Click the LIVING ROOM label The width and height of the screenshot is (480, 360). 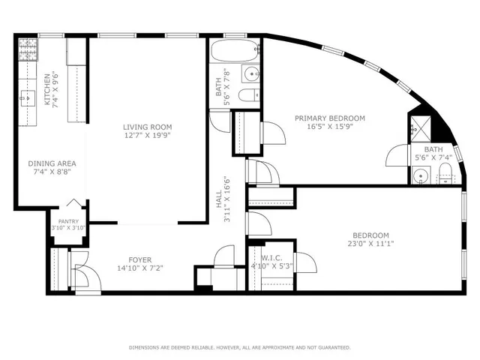pyautogui.click(x=147, y=127)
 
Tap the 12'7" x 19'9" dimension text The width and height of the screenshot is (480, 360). pyautogui.click(x=147, y=136)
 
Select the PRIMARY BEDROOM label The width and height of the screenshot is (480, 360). pyautogui.click(x=329, y=118)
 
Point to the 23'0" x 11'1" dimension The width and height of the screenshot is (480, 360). pyautogui.click(x=370, y=244)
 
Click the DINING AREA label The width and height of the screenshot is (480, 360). pyautogui.click(x=52, y=163)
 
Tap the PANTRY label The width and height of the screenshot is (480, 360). pyautogui.click(x=69, y=221)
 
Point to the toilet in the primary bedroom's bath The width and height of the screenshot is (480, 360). pyautogui.click(x=445, y=177)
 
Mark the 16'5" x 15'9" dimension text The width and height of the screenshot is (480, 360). pyautogui.click(x=329, y=127)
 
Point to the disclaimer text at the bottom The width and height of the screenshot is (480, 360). pyautogui.click(x=239, y=347)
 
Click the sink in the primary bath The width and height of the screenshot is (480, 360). pyautogui.click(x=421, y=177)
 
